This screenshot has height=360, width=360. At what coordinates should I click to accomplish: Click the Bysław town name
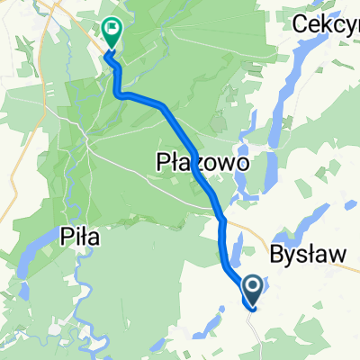308,255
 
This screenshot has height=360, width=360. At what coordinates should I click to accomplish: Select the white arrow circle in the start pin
253,287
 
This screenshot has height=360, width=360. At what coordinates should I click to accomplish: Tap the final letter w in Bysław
337,255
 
